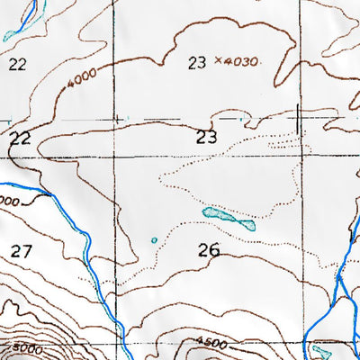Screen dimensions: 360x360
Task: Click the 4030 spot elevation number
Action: coord(242,62)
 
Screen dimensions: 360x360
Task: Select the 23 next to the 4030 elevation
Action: coord(198,62)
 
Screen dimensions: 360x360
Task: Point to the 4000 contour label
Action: coord(79,83)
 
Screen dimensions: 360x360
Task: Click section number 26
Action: coord(208,251)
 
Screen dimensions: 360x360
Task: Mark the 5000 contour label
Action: coord(24,347)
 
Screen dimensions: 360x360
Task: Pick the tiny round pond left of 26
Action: coord(154,240)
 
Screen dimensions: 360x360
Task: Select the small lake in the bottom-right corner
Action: coord(322,349)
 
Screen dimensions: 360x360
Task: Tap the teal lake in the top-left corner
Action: coord(11,35)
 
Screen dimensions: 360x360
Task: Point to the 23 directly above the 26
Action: coord(207,138)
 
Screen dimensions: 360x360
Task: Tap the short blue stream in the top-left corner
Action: coord(30,11)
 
